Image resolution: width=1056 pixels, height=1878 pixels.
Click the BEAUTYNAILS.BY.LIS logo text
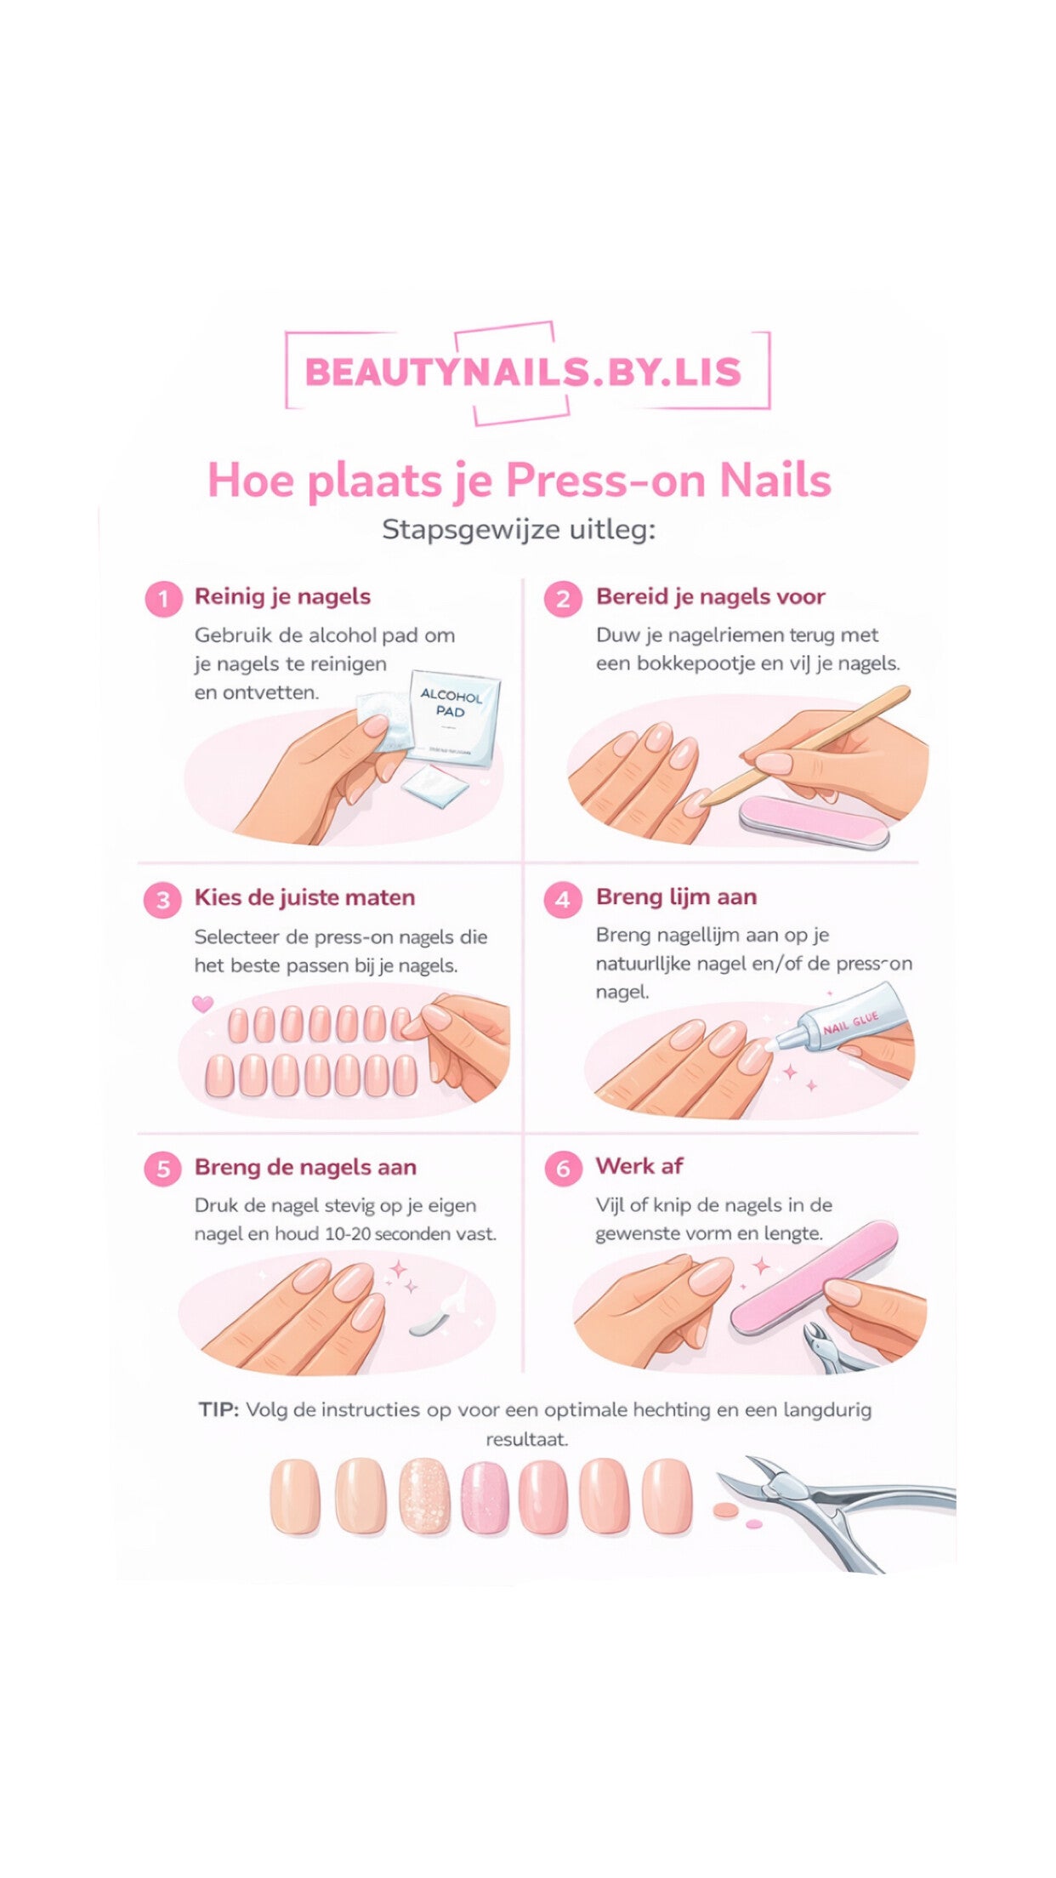pos(523,373)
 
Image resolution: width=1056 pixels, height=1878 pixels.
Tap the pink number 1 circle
pos(163,600)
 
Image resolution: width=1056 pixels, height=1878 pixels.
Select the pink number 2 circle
pos(563,600)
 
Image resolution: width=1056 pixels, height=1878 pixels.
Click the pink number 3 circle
pos(162,900)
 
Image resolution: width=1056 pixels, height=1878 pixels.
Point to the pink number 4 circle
pos(563,900)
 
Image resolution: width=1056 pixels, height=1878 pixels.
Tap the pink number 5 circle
pos(163,1169)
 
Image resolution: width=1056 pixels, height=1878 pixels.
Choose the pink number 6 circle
pos(563,1169)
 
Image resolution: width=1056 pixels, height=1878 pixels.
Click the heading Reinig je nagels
pos(282,597)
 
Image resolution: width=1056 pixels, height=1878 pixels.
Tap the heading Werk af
pos(639,1166)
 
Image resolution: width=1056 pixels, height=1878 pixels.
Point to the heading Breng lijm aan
pos(676,897)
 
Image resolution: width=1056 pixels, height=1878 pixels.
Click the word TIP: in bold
pos(219,1409)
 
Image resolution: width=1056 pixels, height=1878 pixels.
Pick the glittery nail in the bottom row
pos(424,1496)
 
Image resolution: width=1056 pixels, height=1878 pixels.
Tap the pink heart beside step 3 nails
pos(202,1004)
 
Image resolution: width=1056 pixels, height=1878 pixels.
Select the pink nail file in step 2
pos(813,822)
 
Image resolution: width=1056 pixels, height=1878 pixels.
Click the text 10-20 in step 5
pos(347,1234)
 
